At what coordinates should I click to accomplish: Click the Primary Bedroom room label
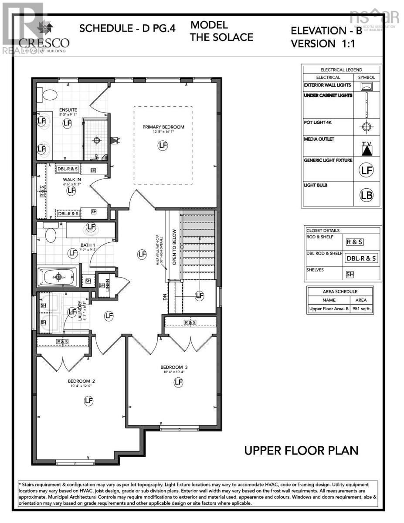[163, 127]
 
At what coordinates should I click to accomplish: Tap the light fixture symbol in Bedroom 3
[178, 382]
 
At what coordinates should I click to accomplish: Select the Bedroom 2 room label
[81, 381]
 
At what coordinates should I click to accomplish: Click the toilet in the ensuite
[48, 94]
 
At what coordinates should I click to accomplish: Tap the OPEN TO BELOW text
[174, 247]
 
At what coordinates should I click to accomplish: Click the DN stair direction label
[165, 297]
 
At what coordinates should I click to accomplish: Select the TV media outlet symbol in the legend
[367, 149]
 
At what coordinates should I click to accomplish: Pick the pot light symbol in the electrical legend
[367, 127]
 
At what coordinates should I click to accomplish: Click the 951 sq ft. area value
[361, 309]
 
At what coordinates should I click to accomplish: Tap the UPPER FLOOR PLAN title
[301, 450]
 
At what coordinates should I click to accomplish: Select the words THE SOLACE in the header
[221, 37]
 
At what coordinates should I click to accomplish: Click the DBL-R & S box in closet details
[361, 258]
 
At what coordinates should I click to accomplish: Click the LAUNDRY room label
[79, 310]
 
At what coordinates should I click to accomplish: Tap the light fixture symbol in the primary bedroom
[163, 145]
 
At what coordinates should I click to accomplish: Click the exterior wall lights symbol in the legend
[367, 86]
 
